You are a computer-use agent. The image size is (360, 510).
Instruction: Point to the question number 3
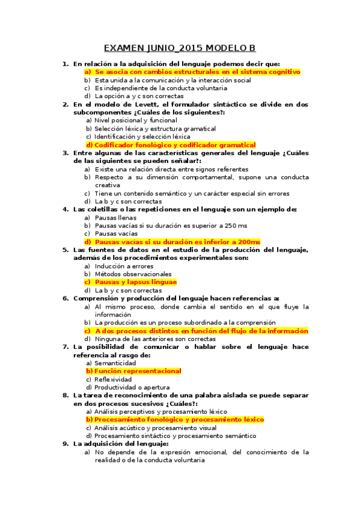pos(65,153)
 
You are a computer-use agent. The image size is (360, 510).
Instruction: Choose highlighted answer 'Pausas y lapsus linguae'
pos(135,282)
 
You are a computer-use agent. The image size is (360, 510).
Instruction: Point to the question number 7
pos(65,347)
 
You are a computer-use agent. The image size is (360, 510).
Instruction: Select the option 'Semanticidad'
pos(115,363)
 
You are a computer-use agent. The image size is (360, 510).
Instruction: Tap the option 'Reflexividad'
pos(114,379)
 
